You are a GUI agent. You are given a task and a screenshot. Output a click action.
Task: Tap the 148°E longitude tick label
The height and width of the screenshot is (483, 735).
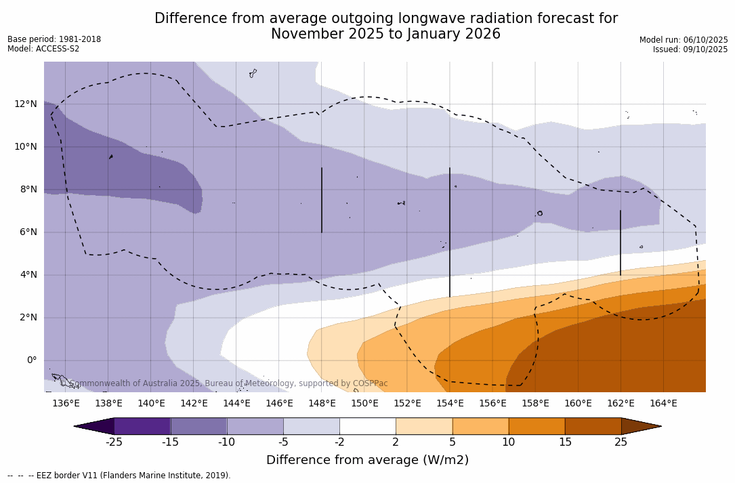(x=322, y=404)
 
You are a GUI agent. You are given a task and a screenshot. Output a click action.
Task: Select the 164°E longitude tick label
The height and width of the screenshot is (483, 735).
(x=663, y=404)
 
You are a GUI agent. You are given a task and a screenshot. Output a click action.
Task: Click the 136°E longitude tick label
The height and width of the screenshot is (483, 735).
(x=66, y=404)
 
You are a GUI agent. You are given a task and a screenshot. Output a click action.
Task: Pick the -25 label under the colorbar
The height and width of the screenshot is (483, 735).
(x=114, y=442)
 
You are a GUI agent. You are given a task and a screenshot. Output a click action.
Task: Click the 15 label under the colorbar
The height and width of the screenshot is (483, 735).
(x=565, y=442)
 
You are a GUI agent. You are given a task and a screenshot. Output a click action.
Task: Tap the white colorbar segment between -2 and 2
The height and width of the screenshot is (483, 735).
(x=368, y=426)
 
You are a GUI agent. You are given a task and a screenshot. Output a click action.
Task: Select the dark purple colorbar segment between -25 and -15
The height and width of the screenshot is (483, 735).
(x=142, y=426)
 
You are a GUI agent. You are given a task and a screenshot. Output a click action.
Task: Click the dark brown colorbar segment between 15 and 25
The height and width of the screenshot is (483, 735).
(x=593, y=426)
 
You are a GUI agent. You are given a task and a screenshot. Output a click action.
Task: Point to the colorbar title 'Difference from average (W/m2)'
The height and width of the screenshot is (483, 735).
(x=367, y=461)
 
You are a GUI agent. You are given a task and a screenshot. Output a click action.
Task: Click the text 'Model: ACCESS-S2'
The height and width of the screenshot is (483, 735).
(x=43, y=49)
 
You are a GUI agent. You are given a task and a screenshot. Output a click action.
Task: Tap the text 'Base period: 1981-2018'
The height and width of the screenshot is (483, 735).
(x=54, y=39)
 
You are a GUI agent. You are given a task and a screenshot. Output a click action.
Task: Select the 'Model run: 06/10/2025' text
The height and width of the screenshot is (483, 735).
(x=684, y=40)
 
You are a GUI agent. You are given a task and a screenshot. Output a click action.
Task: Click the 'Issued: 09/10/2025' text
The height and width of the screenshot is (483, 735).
(x=690, y=49)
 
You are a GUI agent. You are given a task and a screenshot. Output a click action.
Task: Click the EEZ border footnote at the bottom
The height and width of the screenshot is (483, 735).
(x=119, y=476)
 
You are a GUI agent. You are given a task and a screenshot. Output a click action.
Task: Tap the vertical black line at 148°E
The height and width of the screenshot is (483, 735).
(x=322, y=200)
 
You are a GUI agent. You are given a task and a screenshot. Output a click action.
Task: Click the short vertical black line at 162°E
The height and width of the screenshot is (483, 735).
(x=621, y=243)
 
